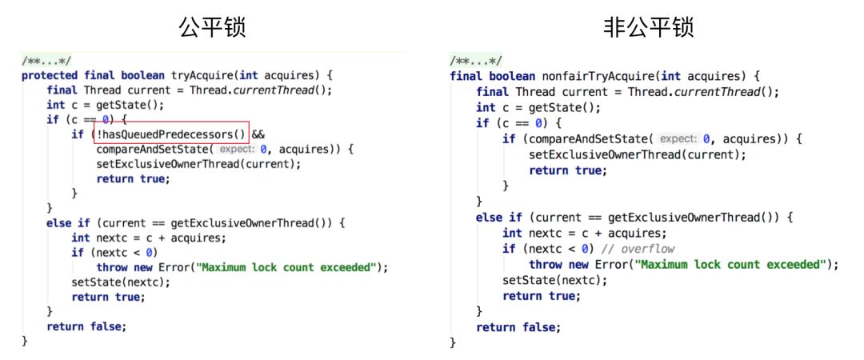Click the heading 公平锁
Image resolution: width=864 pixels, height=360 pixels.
click(211, 28)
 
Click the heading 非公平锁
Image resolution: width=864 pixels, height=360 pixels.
click(648, 28)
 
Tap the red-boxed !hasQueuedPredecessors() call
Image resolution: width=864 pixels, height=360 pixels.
click(170, 134)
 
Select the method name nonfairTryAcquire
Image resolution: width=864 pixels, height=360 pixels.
click(597, 76)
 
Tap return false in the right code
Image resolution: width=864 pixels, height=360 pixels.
click(518, 327)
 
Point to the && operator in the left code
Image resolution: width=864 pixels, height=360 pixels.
click(258, 134)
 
